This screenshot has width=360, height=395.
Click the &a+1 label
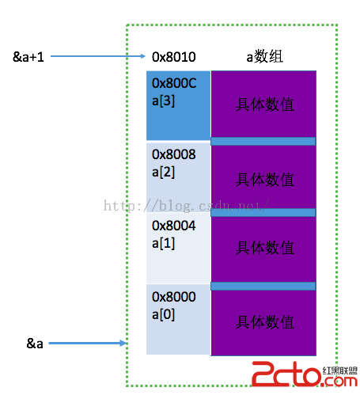(28, 57)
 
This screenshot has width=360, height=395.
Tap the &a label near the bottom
(35, 344)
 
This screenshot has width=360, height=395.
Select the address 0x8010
(174, 57)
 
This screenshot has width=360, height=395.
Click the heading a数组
(264, 57)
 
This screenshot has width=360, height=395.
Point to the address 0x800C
(174, 83)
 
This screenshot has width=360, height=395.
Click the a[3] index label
(163, 101)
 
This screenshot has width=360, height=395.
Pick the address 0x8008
(174, 154)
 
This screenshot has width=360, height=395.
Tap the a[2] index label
(163, 172)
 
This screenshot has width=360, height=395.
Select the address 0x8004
(174, 226)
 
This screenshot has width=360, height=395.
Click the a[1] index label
(163, 243)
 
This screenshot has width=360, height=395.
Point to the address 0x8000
(174, 297)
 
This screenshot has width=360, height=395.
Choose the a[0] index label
(163, 314)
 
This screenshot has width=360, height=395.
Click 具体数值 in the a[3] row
(265, 104)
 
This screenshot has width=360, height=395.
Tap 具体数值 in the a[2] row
(265, 180)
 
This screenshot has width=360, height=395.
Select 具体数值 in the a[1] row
(265, 248)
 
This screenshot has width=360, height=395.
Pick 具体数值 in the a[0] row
(265, 322)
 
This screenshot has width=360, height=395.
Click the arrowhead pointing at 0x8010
(143, 56)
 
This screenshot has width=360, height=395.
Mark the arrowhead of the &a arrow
(123, 343)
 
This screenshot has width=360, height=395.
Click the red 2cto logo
(305, 374)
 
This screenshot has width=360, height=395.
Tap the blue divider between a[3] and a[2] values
(263, 141)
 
